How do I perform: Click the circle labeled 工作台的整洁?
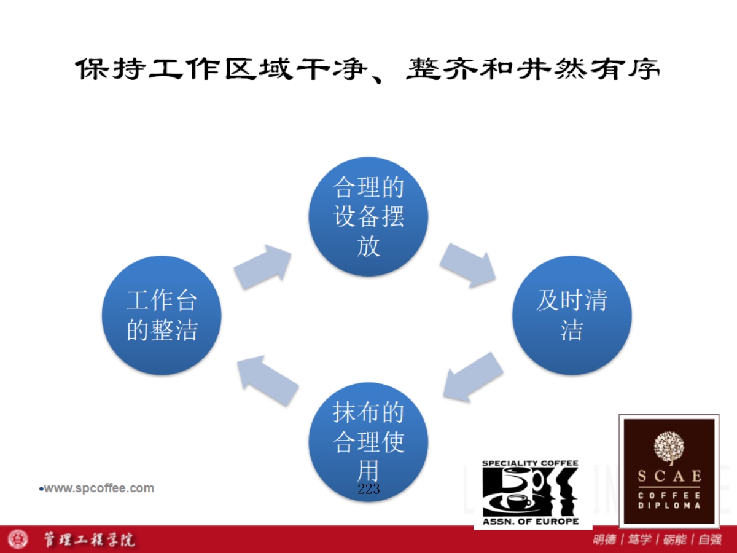point(162,315)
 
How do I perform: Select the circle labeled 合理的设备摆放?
point(368,216)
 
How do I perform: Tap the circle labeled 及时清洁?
point(572,315)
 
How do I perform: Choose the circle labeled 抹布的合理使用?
point(368,442)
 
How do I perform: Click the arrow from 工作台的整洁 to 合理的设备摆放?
point(263,267)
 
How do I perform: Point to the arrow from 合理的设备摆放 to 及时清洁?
point(468,265)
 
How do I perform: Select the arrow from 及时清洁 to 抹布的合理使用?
point(473,377)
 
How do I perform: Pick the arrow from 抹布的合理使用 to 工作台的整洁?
point(268,380)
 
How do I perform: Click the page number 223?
point(368,489)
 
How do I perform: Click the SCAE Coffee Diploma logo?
point(669,471)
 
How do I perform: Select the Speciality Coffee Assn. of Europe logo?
point(531,492)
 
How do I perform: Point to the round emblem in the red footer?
point(18,539)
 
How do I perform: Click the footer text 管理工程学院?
point(89,539)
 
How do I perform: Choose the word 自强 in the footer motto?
point(710,539)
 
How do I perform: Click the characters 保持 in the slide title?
point(111,69)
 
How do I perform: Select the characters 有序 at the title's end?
point(626,69)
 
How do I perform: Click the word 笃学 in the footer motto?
point(639,539)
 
